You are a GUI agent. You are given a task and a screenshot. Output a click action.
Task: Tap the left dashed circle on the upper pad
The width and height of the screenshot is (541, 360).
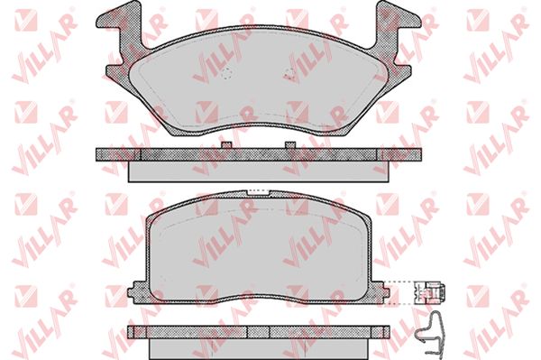click(x=226, y=74)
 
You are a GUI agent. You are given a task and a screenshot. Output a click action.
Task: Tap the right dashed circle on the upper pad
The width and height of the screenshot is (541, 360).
click(x=289, y=74)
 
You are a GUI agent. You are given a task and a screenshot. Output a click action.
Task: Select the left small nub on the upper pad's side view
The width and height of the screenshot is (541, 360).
click(x=226, y=145)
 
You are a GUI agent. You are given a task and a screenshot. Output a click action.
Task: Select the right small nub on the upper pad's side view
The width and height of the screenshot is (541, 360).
click(x=290, y=145)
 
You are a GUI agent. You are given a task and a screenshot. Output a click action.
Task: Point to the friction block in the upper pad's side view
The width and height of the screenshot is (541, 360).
click(x=259, y=171)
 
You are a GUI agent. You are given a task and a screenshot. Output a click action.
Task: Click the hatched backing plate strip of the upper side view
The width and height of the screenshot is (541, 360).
click(x=259, y=154)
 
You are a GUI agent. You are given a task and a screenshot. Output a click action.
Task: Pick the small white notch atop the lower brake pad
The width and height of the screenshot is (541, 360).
click(x=259, y=192)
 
